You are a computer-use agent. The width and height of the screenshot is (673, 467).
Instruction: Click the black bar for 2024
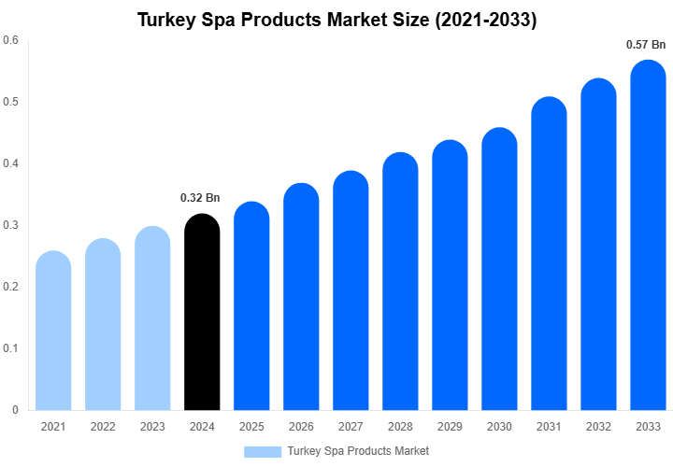202,313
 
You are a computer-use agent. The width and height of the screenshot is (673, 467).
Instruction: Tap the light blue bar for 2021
53,331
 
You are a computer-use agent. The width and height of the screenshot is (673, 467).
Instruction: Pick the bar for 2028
400,281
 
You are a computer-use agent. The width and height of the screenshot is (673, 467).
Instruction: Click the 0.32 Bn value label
200,198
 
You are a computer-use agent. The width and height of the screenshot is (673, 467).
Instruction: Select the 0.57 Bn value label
646,44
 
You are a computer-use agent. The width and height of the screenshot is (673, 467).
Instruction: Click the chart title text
336,19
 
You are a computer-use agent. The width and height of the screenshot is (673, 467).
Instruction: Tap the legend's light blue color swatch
263,451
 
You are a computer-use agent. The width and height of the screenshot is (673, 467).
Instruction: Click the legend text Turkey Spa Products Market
358,451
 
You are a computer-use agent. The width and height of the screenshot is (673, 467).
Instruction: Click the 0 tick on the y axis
15,410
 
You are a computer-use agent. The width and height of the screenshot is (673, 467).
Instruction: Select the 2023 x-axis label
152,427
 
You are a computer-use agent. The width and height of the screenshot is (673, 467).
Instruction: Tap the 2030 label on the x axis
499,427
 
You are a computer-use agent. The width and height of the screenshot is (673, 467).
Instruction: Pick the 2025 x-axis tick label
251,427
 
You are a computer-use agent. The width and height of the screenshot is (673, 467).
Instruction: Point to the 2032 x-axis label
598,427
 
